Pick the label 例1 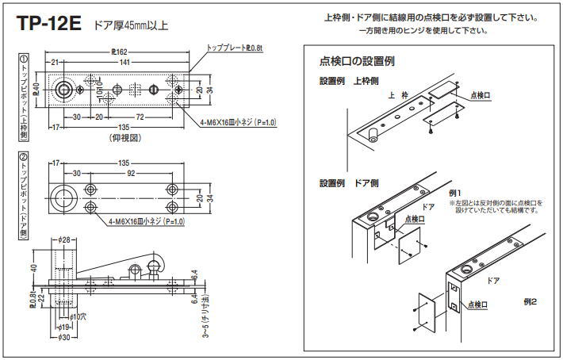[x=455, y=193]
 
